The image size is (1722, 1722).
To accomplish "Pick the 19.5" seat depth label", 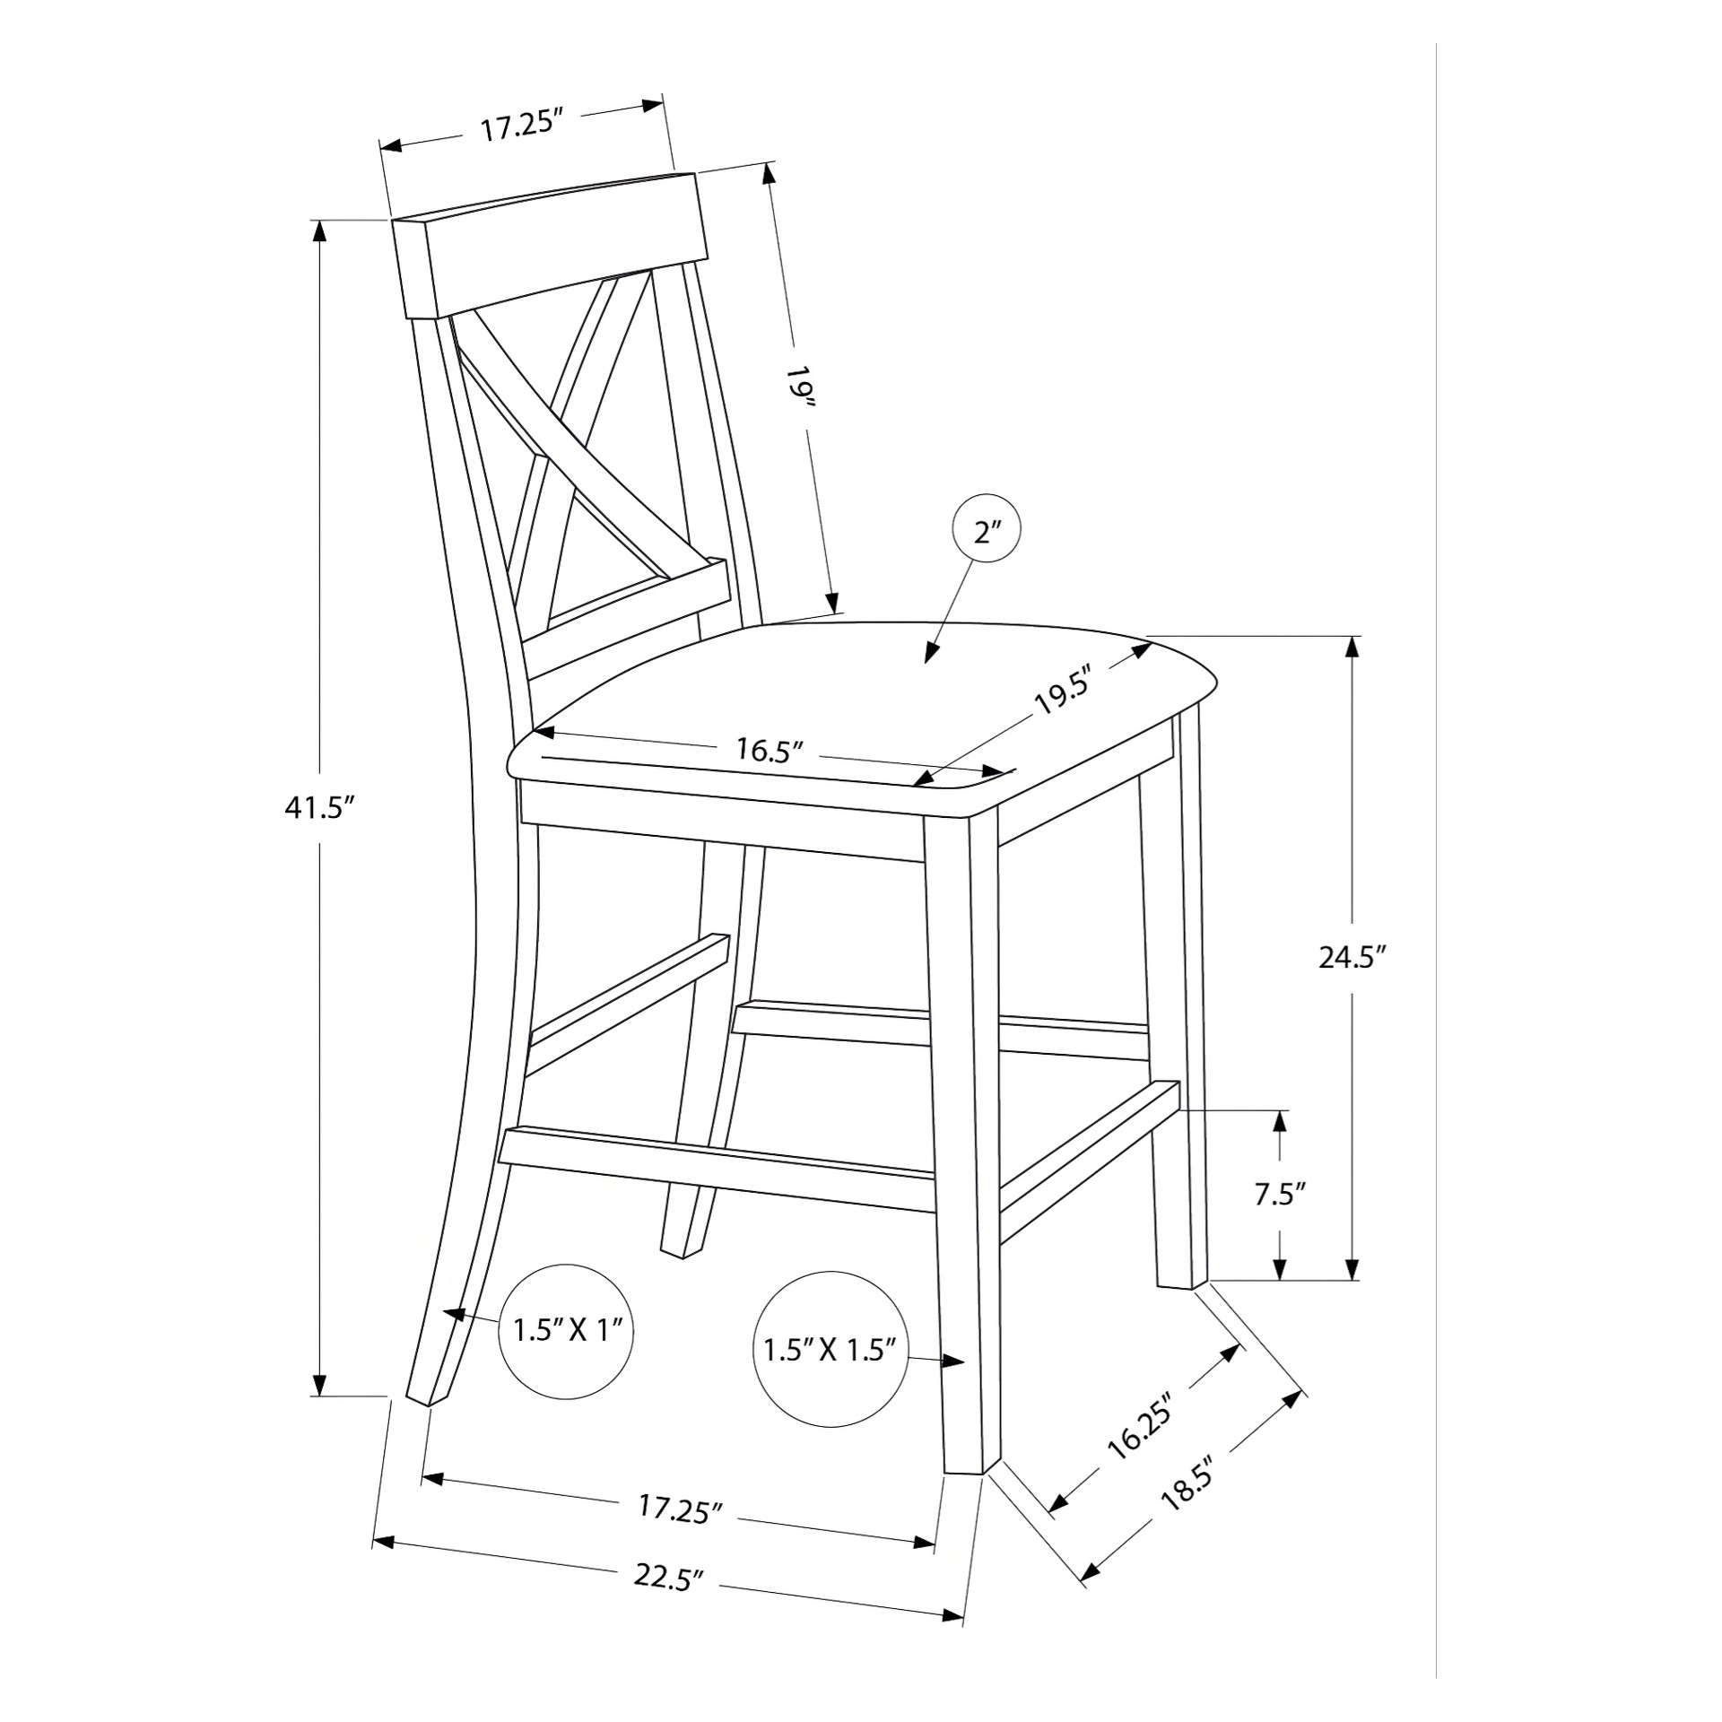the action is point(1067,689).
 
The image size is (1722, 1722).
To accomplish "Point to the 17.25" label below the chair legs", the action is point(680,1507).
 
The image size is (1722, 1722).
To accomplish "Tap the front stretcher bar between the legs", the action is point(717,1162).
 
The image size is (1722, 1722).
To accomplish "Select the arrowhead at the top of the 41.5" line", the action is point(317,231).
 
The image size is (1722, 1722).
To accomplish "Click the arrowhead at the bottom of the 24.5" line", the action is point(1352,1267).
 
